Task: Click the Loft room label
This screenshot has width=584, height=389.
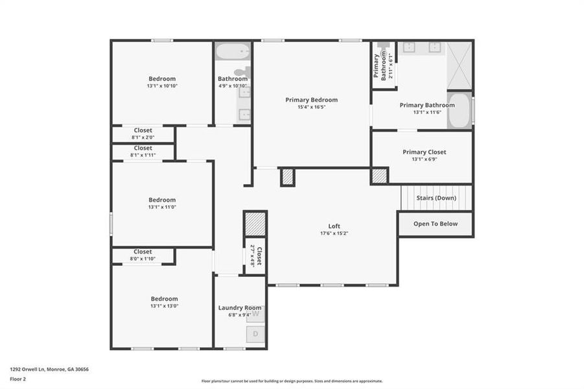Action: pos(334,226)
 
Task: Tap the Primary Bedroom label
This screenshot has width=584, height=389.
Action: pos(311,100)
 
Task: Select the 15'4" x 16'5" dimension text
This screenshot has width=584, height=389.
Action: pos(311,107)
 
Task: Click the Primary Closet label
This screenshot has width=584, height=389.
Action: pos(424,152)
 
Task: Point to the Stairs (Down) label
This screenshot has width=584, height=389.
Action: pos(436,198)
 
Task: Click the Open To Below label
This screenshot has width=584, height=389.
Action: pos(436,224)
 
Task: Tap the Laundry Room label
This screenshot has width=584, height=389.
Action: pos(240,308)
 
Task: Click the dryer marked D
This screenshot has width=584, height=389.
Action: pos(255,334)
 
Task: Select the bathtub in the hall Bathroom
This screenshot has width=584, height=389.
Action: pos(233,51)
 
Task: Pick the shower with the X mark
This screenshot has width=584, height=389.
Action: pos(460,65)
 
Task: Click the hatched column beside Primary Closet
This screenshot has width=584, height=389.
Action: pos(379,176)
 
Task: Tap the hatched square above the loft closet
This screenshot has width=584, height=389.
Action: pos(255,225)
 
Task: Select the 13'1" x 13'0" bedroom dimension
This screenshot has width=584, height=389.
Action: pos(164,306)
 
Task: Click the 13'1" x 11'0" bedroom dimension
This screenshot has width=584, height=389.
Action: pos(162,207)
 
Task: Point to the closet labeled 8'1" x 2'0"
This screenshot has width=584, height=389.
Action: pos(143,134)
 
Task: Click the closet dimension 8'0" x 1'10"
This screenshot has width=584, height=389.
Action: pos(143,259)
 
